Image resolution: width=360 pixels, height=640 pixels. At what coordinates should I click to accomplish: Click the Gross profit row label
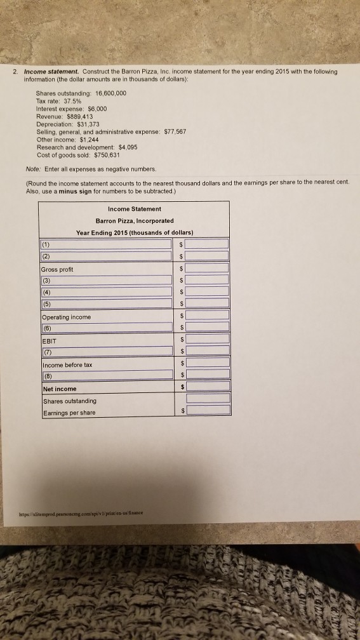(x=58, y=269)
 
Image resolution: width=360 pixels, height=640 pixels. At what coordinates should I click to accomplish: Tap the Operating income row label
(x=67, y=317)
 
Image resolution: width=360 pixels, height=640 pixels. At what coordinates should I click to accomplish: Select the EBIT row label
(x=50, y=341)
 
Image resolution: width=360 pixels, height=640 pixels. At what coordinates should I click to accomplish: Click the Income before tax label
(x=67, y=365)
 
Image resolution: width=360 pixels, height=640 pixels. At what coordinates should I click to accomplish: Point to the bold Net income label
(x=60, y=389)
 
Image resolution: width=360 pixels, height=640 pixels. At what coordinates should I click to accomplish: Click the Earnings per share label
(x=69, y=413)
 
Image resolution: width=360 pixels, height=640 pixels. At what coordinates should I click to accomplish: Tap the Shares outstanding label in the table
(x=70, y=401)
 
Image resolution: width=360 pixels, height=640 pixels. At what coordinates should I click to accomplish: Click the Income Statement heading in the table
(x=134, y=209)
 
